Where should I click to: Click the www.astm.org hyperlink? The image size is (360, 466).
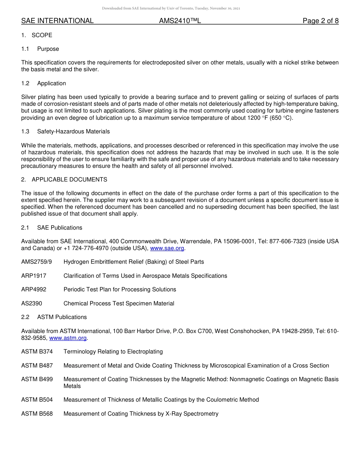pos(68,338)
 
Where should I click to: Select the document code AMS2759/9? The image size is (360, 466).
pos(36,262)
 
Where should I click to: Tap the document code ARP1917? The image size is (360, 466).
pos(34,276)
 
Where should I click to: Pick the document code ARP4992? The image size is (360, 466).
pos(34,289)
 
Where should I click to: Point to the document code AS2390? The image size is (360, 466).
pos(31,303)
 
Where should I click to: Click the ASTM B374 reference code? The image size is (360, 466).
pos(37,352)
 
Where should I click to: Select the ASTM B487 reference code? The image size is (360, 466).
pos(37,366)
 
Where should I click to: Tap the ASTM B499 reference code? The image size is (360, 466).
pos(37,379)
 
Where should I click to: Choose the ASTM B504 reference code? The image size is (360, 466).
pos(37,400)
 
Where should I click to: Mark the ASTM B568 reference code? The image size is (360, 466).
pos(37,414)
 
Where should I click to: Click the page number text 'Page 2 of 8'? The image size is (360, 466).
pos(320,21)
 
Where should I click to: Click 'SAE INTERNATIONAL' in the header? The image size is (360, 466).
pos(57,21)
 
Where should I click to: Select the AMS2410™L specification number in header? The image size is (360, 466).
pos(180,21)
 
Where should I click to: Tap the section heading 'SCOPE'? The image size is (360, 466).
pos(42,35)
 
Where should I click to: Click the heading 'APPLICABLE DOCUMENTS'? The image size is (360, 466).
pos(69,180)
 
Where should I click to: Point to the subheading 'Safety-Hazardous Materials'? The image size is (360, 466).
pos(73,131)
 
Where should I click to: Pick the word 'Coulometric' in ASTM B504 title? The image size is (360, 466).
pos(219,400)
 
